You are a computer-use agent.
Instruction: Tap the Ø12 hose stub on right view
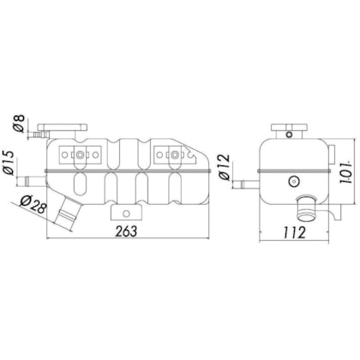(248, 183)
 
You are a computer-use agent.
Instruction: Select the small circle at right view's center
(293, 181)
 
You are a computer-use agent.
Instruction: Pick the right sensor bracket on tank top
(175, 155)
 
